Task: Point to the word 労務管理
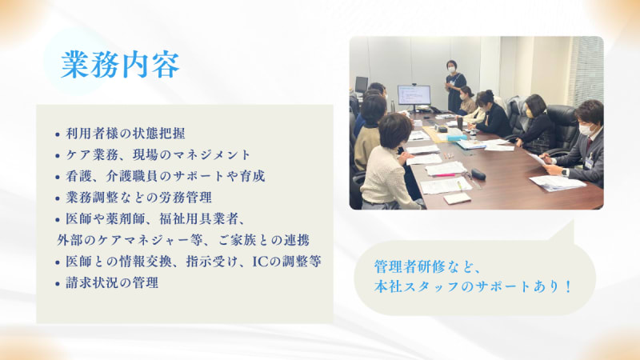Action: coord(194,197)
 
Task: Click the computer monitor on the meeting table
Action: coord(413,97)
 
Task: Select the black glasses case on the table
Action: coord(478,174)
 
